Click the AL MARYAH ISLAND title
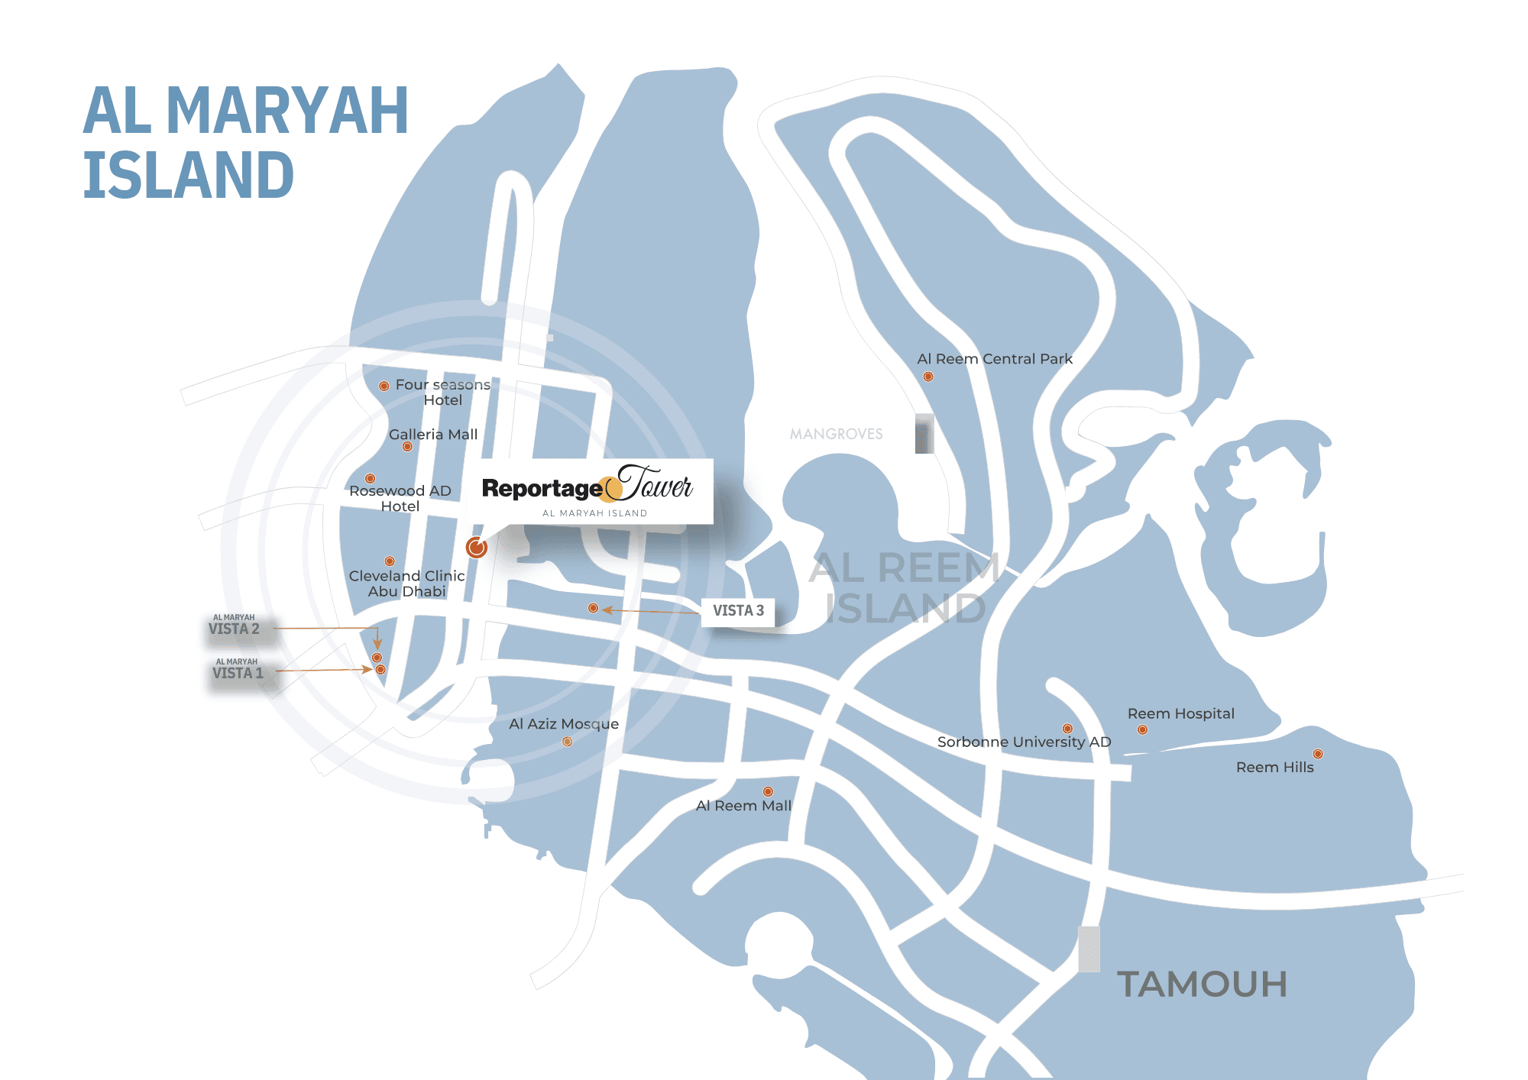pos(245,142)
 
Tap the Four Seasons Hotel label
pos(442,392)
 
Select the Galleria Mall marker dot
pos(407,447)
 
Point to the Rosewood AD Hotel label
pos(400,498)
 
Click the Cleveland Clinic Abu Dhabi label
pos(406,583)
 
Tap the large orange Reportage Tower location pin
pos(476,547)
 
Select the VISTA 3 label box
pos(738,611)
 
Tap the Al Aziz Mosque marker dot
pos(568,742)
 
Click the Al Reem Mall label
pos(743,806)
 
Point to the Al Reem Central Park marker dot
pos(928,377)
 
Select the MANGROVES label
pos(836,434)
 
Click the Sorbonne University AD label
pos(1024,742)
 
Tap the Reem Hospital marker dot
pos(1142,730)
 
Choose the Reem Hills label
pos(1274,768)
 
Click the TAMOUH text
pos(1202,985)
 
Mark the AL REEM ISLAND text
pos(905,588)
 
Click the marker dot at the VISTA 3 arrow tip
pos(593,608)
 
